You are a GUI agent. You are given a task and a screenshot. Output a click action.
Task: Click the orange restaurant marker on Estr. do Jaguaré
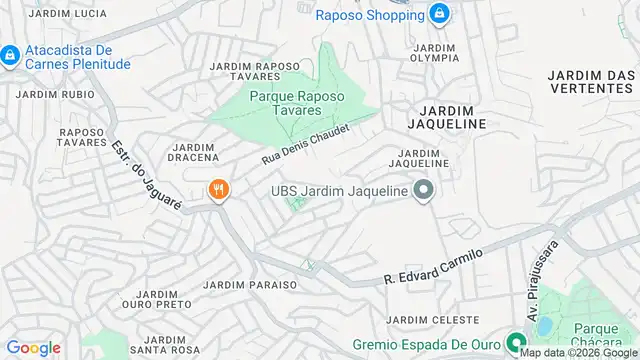(x=217, y=189)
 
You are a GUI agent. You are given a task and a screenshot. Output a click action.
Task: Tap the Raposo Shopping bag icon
(x=437, y=14)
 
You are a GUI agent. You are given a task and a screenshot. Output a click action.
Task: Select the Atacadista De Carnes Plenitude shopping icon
(x=9, y=54)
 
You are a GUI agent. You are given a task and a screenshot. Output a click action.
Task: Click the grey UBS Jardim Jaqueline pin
(x=423, y=190)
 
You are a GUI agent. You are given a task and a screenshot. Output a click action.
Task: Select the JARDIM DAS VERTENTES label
(x=594, y=84)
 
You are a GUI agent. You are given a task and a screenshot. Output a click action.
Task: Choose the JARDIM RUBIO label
(x=47, y=96)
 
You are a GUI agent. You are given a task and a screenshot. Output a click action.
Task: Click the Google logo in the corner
(x=32, y=347)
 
